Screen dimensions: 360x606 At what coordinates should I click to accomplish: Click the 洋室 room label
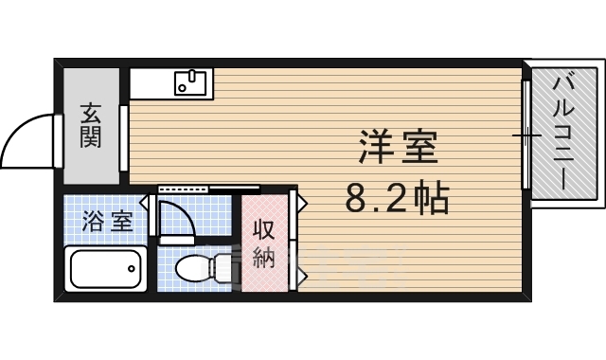click(398, 150)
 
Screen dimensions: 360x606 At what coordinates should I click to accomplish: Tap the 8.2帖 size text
click(397, 198)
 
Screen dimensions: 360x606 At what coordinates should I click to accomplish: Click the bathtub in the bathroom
click(106, 269)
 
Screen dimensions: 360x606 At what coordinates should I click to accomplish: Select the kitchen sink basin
click(192, 83)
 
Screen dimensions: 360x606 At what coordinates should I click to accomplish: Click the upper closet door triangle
click(294, 203)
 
